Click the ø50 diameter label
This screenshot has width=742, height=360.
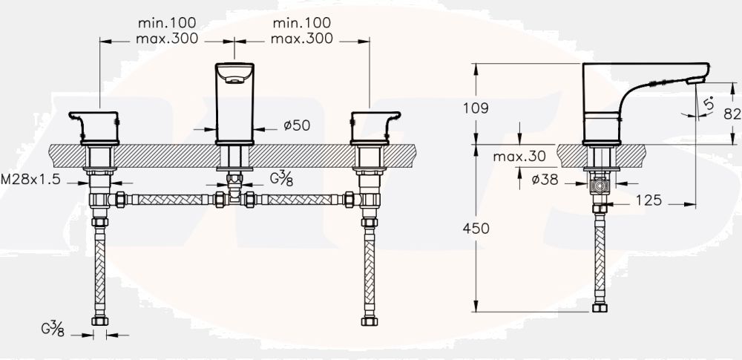click(x=297, y=125)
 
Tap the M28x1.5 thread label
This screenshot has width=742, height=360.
click(x=30, y=180)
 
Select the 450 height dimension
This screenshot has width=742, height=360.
click(x=476, y=229)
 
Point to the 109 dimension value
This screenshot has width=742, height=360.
click(x=476, y=108)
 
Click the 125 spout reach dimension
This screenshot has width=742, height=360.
click(x=649, y=200)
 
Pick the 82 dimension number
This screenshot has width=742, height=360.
click(x=732, y=114)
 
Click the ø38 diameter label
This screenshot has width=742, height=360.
click(x=545, y=180)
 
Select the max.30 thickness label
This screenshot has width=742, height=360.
click(x=519, y=157)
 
